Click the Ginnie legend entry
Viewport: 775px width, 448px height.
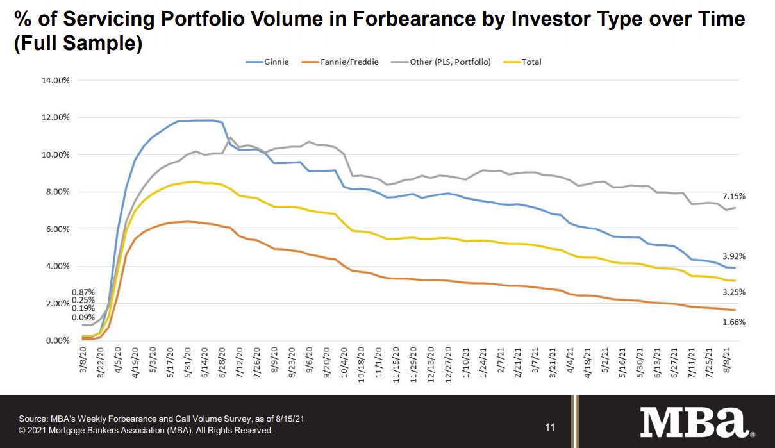point(267,62)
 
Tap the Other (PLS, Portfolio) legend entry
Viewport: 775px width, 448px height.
point(442,62)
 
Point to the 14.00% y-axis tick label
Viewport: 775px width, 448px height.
point(55,81)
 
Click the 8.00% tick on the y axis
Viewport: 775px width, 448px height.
point(57,192)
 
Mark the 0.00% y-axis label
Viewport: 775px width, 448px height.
point(57,341)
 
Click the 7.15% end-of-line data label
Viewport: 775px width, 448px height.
point(733,196)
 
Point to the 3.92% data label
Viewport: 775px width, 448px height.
point(733,256)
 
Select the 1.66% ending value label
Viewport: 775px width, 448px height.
point(733,322)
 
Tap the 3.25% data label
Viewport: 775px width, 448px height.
point(733,292)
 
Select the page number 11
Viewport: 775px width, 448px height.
point(550,427)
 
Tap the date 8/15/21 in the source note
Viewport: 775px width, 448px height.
point(286,419)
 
